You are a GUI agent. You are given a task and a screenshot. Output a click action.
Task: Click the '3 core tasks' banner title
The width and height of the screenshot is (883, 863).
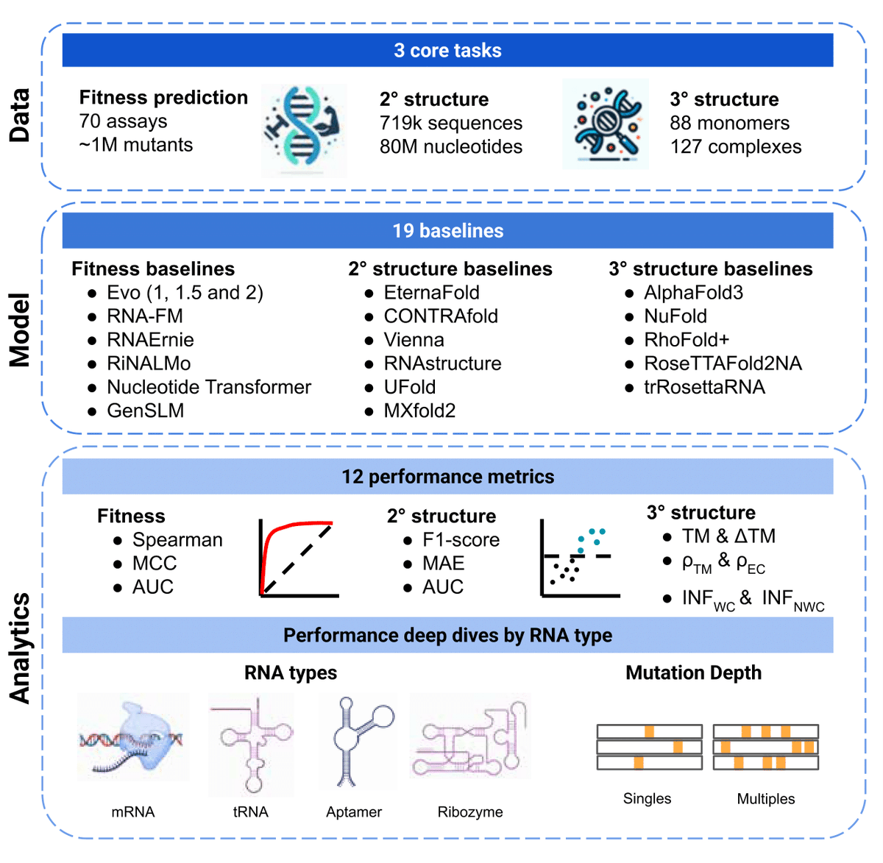(x=447, y=50)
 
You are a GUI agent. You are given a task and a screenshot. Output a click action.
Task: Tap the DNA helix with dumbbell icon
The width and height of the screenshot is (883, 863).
(x=304, y=130)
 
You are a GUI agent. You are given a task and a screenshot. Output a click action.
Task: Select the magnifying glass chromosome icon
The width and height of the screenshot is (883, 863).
(x=606, y=124)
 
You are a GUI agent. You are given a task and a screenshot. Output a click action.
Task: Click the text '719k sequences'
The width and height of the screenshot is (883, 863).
(x=450, y=123)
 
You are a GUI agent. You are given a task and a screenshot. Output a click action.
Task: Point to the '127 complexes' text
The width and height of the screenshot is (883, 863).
(x=736, y=146)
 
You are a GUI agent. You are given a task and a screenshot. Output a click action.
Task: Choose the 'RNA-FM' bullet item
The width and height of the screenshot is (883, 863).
(x=145, y=316)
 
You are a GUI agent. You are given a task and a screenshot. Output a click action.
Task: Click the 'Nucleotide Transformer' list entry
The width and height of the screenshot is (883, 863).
(x=209, y=387)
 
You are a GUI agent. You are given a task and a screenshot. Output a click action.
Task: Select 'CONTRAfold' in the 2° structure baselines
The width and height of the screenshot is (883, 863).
(x=441, y=316)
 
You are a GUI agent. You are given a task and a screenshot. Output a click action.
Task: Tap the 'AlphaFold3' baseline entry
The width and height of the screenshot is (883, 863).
(x=693, y=292)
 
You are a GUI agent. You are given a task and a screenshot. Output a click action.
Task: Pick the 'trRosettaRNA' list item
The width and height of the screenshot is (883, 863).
(x=705, y=387)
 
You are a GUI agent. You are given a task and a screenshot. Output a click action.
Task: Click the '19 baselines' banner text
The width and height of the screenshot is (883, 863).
(x=447, y=230)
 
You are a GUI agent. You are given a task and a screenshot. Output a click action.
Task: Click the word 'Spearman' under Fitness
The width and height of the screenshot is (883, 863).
(x=177, y=539)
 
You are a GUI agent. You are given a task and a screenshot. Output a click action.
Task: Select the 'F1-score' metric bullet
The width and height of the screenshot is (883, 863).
(x=461, y=539)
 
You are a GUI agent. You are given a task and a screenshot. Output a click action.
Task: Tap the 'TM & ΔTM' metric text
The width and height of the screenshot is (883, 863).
(x=728, y=536)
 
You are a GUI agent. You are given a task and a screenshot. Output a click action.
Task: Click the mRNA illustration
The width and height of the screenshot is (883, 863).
(x=133, y=737)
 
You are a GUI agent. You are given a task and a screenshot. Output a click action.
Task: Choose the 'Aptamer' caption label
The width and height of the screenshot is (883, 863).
(x=353, y=811)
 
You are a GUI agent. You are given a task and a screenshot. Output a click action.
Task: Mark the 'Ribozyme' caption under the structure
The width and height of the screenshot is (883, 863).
(x=469, y=811)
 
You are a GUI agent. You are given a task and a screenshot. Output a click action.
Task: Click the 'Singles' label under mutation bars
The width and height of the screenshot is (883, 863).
(x=647, y=798)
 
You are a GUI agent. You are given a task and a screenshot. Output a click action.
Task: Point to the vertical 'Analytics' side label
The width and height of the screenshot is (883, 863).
(x=20, y=648)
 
